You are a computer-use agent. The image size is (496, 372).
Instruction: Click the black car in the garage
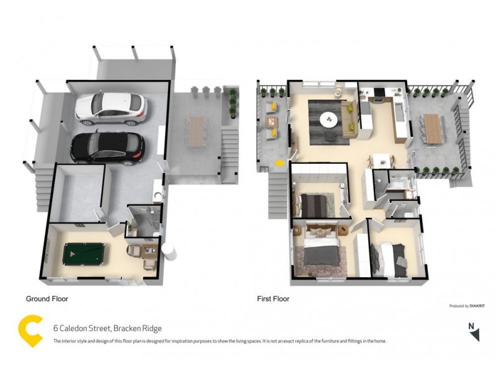[x=107, y=148]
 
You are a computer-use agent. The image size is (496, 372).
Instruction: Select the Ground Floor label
[x=46, y=299]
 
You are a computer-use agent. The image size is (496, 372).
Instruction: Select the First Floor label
[x=273, y=299]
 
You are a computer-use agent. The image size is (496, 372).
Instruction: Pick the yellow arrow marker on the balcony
[x=278, y=163]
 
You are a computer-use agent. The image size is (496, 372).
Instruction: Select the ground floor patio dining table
[x=197, y=130]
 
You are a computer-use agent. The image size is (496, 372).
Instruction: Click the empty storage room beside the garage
[x=77, y=193]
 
